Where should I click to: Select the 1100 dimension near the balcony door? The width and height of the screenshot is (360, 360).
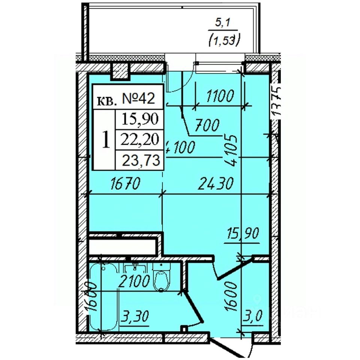pyautogui.click(x=220, y=96)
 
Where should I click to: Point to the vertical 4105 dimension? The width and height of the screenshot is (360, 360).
pyautogui.click(x=232, y=150)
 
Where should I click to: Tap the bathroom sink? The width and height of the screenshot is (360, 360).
pyautogui.click(x=135, y=268)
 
